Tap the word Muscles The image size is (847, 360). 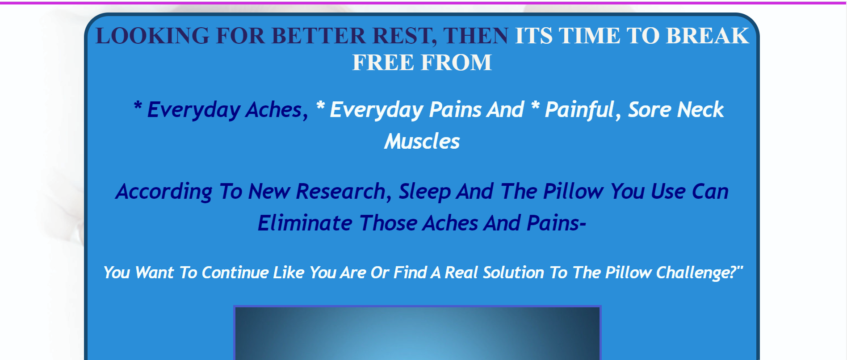tap(422, 142)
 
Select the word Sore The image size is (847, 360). tap(649, 110)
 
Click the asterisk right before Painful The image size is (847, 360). tap(535, 106)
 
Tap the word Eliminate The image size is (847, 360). tap(305, 223)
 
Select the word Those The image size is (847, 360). tap(389, 223)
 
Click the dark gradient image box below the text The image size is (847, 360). tap(417, 333)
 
